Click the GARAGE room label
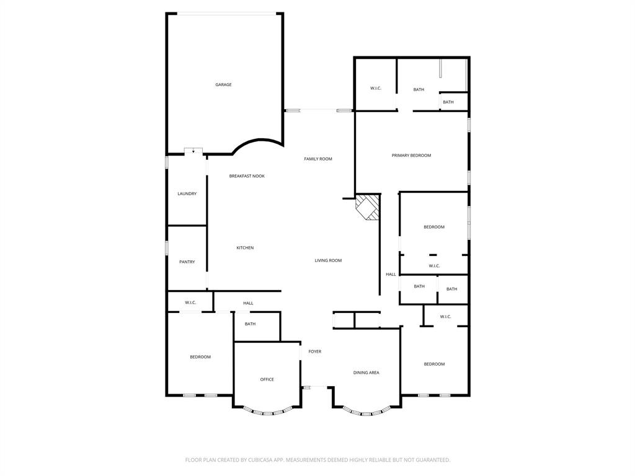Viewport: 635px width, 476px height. click(223, 85)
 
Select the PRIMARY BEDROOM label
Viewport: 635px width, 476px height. click(411, 156)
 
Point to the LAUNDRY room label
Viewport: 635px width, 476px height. click(187, 194)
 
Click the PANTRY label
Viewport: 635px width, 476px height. click(187, 262)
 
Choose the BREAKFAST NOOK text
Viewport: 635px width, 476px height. click(247, 176)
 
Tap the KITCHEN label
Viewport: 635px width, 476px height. click(245, 248)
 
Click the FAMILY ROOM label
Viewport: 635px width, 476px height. click(317, 159)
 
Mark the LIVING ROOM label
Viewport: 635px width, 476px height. click(328, 261)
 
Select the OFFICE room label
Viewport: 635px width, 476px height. click(267, 379)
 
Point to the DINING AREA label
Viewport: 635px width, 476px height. click(366, 372)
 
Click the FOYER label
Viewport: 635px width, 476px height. click(315, 351)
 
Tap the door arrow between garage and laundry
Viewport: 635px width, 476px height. click(193, 151)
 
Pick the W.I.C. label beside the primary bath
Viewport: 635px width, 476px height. click(376, 89)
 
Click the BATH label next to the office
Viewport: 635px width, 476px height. click(250, 324)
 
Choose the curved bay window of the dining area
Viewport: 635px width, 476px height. click(366, 412)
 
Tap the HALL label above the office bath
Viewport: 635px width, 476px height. click(248, 303)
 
